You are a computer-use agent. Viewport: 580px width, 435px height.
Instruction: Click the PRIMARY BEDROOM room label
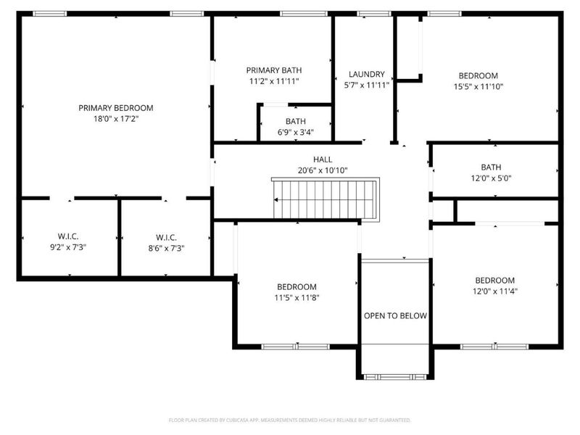pos(116,108)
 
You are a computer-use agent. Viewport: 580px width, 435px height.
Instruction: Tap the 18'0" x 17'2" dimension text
pos(116,118)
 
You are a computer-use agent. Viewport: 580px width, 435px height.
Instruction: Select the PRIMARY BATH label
pos(273,70)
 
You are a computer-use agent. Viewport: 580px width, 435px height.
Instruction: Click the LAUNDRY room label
pos(366,75)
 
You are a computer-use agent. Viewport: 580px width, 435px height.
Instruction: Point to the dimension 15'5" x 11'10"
pos(478,86)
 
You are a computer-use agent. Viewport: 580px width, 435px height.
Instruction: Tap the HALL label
pos(323,159)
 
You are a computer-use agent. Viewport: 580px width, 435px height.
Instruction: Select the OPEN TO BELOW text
pos(395,316)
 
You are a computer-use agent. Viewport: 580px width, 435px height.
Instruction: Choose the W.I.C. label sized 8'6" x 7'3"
pos(166,237)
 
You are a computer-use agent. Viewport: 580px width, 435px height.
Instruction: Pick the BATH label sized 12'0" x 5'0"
pos(491,167)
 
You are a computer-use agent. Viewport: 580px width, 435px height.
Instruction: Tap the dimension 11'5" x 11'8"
pos(297,297)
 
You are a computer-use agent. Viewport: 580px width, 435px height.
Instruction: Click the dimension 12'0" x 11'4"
pos(494,291)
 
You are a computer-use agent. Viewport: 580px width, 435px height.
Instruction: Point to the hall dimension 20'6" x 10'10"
pos(323,170)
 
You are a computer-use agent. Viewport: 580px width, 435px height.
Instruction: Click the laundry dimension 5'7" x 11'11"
pos(366,85)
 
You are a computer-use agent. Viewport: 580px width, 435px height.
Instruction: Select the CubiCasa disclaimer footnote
pos(289,420)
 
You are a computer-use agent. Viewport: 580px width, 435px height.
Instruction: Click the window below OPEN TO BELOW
pos(395,376)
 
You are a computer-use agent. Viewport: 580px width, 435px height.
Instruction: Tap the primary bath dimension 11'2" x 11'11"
pos(273,81)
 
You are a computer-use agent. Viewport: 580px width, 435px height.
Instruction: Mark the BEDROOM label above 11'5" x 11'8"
pos(297,286)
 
